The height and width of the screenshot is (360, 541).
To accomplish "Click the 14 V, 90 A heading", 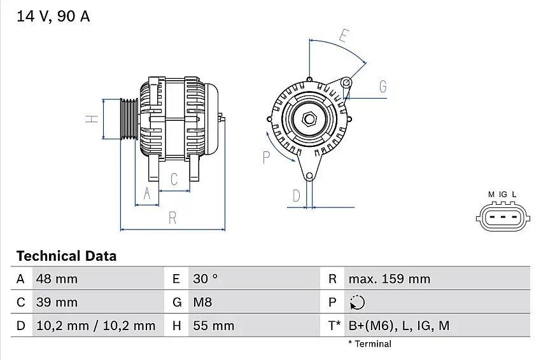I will pos(53,17).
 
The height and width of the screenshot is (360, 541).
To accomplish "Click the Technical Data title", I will pos(66,256).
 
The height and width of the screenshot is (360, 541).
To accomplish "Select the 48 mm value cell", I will pos(57,279).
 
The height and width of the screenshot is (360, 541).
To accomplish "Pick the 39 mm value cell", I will pos(57,302).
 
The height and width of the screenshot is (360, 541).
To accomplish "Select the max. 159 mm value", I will pos(389,279).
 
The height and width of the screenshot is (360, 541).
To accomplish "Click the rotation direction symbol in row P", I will pos(358,302).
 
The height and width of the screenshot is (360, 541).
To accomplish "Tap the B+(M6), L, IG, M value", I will pos(399,326).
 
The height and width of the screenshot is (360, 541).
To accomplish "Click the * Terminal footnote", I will pos(369,344).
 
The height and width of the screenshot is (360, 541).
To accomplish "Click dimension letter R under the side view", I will pos(172,218).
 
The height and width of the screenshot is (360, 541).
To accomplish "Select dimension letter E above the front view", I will pos(344,36).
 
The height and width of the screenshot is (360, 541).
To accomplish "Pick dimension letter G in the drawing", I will pos(383,87).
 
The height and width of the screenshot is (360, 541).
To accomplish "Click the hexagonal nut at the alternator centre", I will pos(309,118).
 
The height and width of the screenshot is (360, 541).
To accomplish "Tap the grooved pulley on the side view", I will pos(129,119).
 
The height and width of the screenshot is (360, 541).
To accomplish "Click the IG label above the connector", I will pos(502,194).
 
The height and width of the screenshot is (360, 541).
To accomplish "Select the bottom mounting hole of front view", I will pos(309,176).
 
